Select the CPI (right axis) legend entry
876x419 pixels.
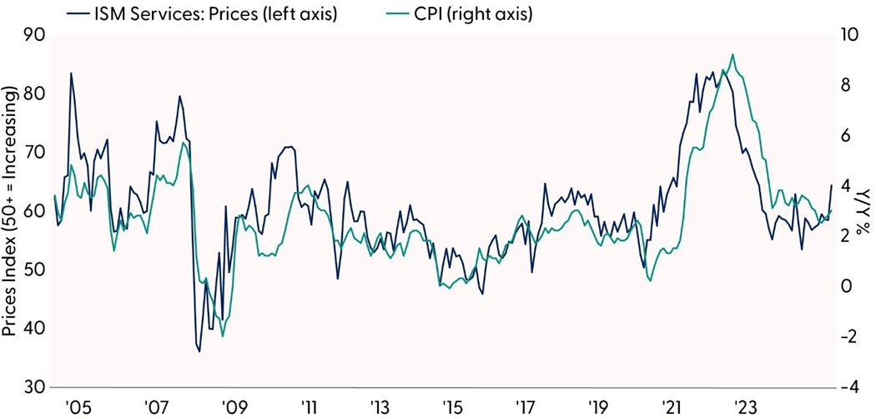[x=486, y=14]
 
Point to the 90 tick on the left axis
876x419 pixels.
[x=30, y=36]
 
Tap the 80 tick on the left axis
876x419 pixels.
[x=30, y=94]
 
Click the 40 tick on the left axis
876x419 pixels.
[x=30, y=329]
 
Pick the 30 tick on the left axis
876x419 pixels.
[x=30, y=387]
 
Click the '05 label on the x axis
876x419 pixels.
[x=78, y=407]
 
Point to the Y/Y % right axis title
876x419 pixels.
[x=865, y=210]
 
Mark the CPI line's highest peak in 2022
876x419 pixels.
[x=733, y=55]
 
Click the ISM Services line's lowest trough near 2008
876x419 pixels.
[x=199, y=351]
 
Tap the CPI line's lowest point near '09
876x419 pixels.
[x=222, y=336]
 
